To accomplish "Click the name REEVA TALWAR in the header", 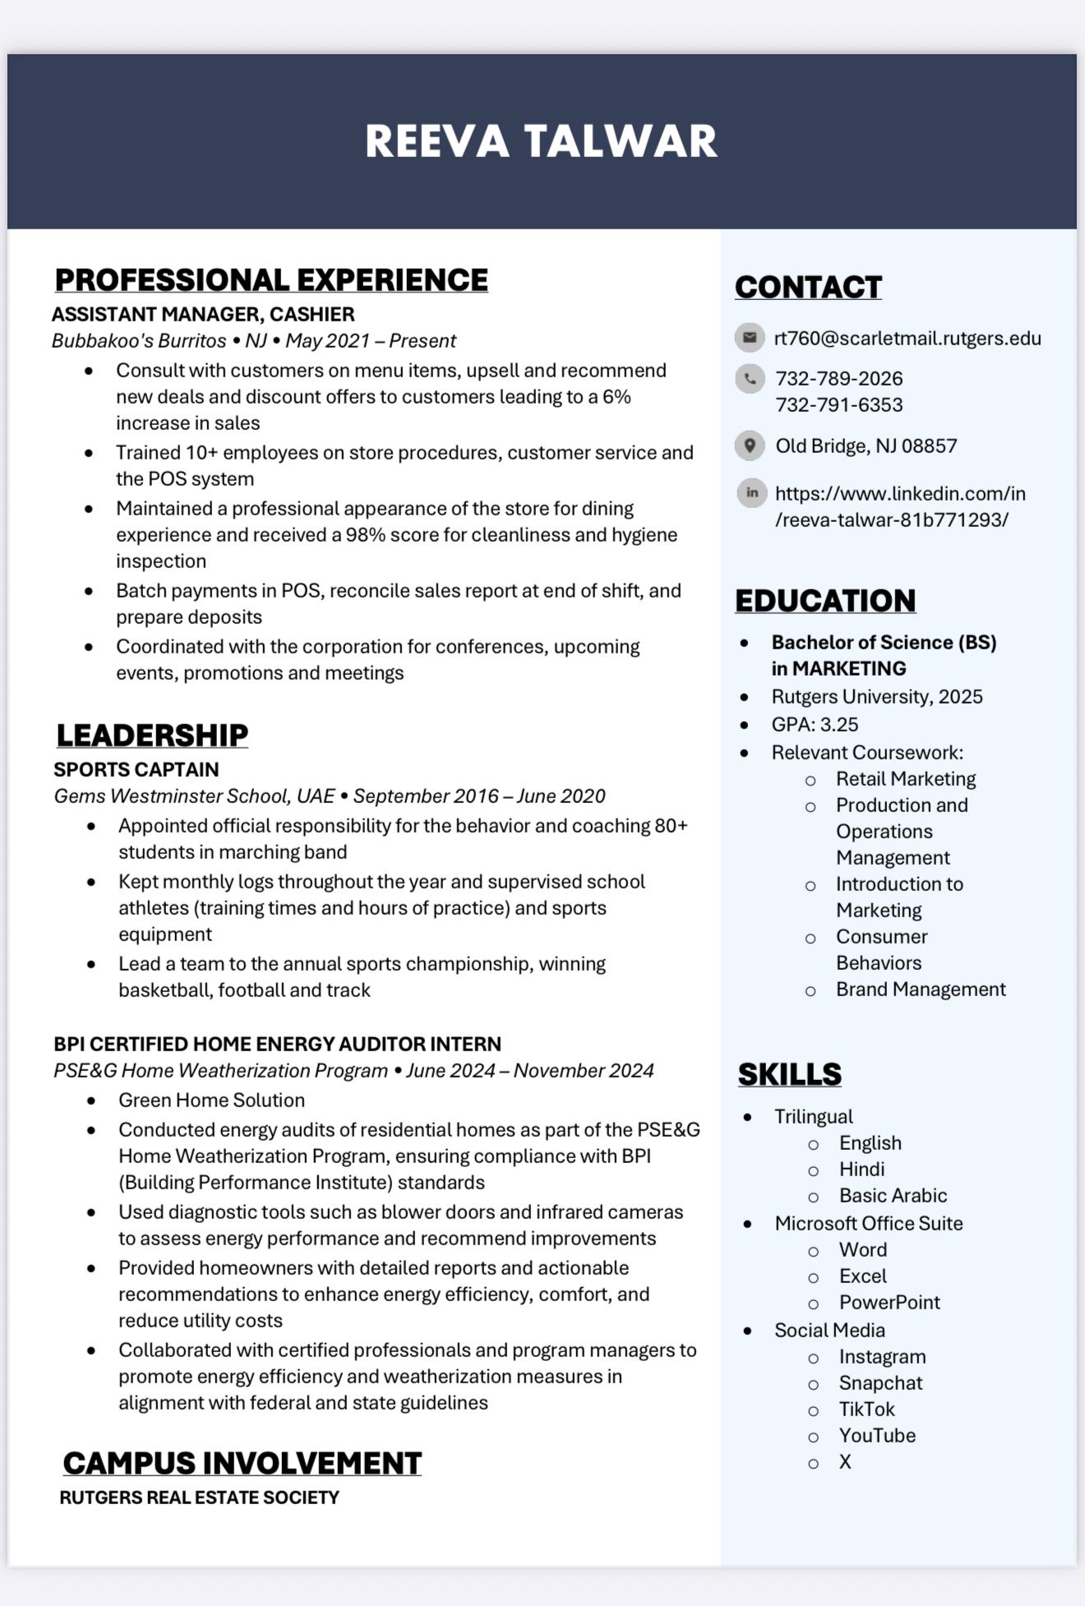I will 541,141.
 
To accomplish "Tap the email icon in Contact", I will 750,337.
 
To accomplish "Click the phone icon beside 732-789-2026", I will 750,379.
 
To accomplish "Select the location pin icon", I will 750,445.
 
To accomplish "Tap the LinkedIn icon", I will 751,493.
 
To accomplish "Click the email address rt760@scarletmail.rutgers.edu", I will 907,339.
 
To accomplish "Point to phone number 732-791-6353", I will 838,405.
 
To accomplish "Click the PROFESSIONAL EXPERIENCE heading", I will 271,280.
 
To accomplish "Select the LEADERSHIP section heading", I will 152,736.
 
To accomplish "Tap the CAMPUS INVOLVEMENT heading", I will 242,1464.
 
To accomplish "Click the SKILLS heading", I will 790,1074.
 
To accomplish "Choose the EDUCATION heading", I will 825,601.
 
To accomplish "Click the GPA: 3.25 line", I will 815,725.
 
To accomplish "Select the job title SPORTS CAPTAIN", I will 136,770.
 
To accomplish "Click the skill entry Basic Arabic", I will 893,1196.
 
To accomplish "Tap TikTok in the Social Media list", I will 866,1410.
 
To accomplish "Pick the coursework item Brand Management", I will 921,990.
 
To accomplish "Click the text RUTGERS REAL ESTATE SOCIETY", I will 200,1498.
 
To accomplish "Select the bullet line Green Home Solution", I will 211,1101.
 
